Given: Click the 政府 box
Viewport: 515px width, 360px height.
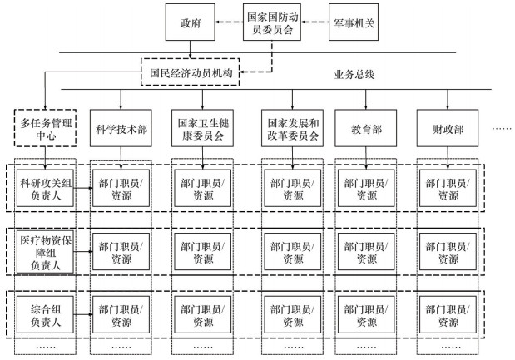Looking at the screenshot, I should point(191,23).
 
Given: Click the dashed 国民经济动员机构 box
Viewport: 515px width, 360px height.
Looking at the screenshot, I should point(191,72).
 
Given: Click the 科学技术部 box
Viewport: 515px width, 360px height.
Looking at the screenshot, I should point(121,130).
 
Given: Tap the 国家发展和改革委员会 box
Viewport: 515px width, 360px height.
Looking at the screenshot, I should point(290,130).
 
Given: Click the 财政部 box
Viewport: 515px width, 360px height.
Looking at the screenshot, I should point(448,130).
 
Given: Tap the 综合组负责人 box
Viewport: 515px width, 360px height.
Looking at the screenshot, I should point(46,314).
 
